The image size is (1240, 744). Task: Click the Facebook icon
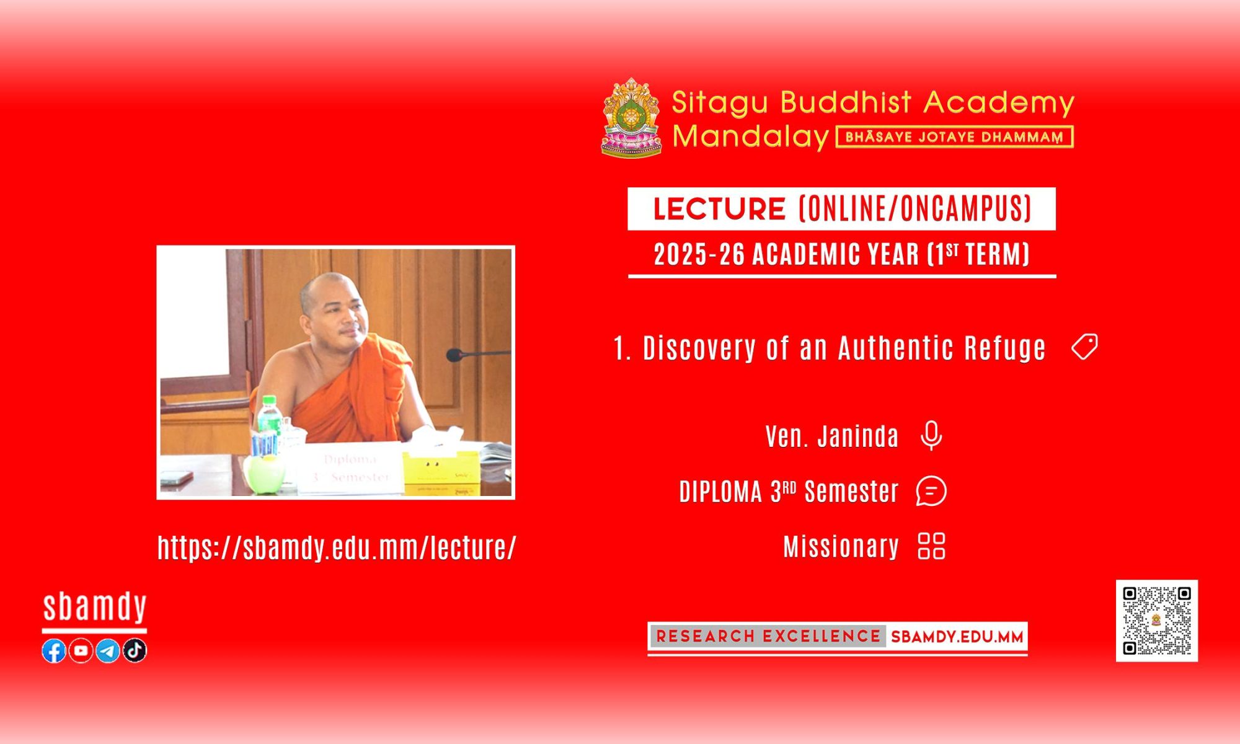tap(54, 650)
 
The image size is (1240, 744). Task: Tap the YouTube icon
tap(81, 650)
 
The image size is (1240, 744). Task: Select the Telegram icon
tap(108, 650)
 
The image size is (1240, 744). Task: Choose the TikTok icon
tap(135, 650)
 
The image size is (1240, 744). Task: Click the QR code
tap(1157, 621)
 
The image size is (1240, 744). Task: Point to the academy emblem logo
tap(631, 118)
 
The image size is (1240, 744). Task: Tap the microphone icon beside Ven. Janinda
tap(931, 435)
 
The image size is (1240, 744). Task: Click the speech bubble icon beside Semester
tap(931, 491)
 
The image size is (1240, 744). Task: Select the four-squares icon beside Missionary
tap(931, 546)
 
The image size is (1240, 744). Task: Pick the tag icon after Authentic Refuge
tap(1084, 347)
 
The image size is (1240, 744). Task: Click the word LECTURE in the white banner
tap(720, 209)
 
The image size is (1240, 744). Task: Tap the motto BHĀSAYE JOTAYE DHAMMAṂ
tap(955, 137)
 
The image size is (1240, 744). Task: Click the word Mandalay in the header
tap(751, 136)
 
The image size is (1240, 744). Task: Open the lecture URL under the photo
tap(337, 547)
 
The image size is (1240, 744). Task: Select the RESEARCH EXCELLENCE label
tap(768, 637)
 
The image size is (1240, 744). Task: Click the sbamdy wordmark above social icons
tap(95, 607)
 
